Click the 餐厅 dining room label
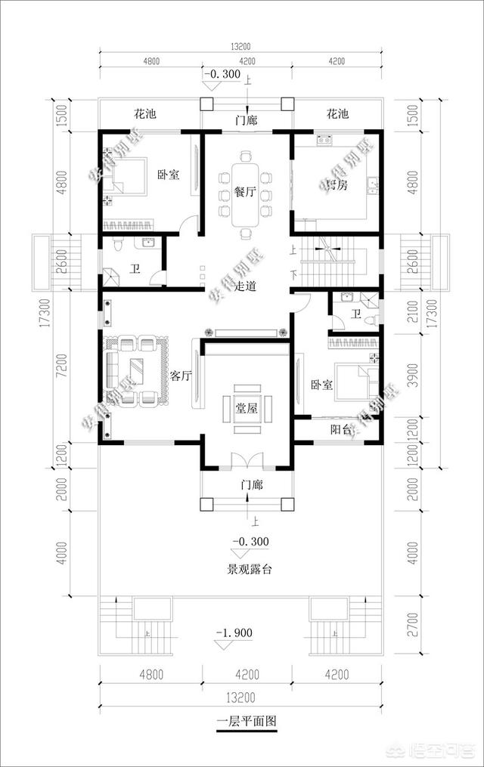244,193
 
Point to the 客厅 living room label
180,376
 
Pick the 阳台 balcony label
341,429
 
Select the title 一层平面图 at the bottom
247,721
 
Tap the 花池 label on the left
144,115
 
